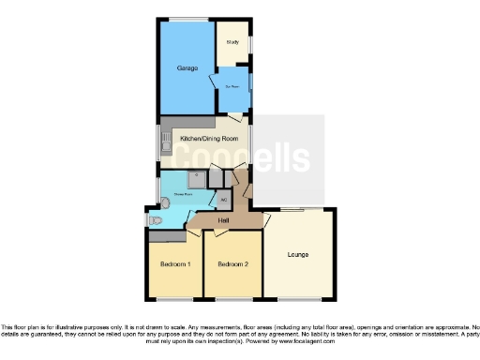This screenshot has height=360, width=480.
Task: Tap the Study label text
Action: point(232,43)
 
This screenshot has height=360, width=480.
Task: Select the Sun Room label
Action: point(232,86)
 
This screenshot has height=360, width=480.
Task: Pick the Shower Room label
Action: point(182,195)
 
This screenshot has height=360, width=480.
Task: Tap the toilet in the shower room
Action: point(156,219)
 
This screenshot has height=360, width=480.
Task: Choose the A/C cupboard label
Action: point(223,200)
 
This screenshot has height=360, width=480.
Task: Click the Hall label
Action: point(224,220)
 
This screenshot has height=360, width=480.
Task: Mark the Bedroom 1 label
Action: point(175,264)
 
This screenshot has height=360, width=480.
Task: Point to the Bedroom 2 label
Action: point(232,264)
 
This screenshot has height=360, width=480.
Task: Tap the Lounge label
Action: point(298,254)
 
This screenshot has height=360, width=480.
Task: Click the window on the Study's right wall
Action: point(249,42)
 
